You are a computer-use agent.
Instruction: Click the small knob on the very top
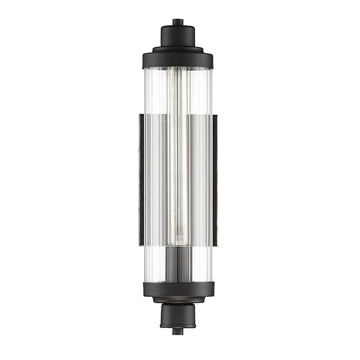[178, 22]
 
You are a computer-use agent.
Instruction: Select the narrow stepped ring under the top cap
[178, 49]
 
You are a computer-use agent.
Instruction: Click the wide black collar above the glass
[178, 60]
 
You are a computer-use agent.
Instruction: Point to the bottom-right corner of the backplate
[216, 245]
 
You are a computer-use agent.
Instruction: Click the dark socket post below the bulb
[179, 264]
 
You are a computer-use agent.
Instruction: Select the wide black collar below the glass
[178, 288]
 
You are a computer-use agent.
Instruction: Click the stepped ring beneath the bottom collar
[178, 300]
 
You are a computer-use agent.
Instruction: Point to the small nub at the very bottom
[178, 331]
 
